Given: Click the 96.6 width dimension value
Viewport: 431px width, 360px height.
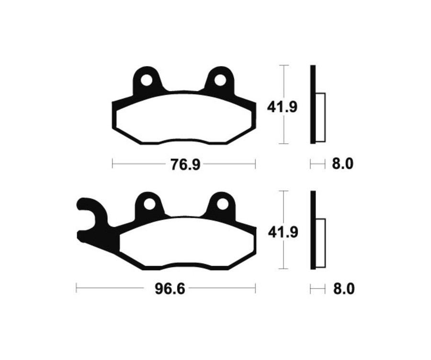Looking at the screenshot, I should click(x=170, y=289).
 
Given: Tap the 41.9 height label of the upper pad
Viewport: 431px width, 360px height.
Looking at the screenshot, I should click(x=282, y=107).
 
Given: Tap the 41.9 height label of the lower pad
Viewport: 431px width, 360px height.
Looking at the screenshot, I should click(x=283, y=233).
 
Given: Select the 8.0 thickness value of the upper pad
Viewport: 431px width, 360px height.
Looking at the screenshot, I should click(x=342, y=164).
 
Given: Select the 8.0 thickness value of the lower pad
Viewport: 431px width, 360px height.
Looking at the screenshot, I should click(x=342, y=289).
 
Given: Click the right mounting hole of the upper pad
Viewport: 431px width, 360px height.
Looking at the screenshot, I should click(x=220, y=80).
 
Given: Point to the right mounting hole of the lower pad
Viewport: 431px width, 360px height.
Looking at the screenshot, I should click(x=222, y=204).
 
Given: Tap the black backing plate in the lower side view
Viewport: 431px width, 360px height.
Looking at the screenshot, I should click(x=313, y=230).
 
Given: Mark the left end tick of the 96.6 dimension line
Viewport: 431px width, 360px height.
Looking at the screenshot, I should click(x=77, y=289).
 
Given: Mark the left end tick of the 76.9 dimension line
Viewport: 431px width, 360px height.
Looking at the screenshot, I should click(x=113, y=164).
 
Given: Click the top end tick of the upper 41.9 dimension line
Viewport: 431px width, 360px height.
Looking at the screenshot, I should click(x=284, y=65).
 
